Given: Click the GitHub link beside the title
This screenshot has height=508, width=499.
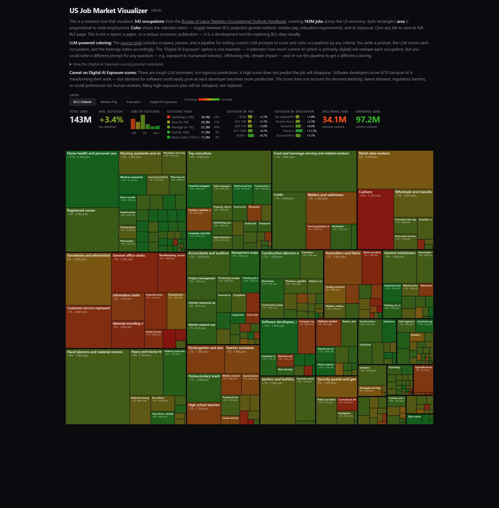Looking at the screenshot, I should [x=156, y=11].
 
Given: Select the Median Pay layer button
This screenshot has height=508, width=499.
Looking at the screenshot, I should [x=109, y=102].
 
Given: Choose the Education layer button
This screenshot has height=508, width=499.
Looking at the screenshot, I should [x=133, y=102].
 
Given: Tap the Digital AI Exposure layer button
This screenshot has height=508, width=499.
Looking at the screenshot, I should [x=163, y=102].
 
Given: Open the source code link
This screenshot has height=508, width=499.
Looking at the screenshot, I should [x=131, y=43].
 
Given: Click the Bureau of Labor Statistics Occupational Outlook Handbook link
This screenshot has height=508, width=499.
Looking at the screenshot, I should [x=234, y=21].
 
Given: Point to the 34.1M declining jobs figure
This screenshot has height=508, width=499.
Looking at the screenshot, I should [x=334, y=120].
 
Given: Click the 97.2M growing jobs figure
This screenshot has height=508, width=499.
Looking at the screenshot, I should [x=368, y=120].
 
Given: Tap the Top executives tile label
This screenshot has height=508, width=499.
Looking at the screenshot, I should [x=200, y=153].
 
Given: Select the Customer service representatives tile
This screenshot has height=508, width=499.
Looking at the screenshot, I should [x=88, y=327].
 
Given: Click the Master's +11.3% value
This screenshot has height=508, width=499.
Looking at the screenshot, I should [x=312, y=131].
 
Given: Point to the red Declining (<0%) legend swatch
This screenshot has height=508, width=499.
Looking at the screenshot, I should [x=169, y=117].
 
